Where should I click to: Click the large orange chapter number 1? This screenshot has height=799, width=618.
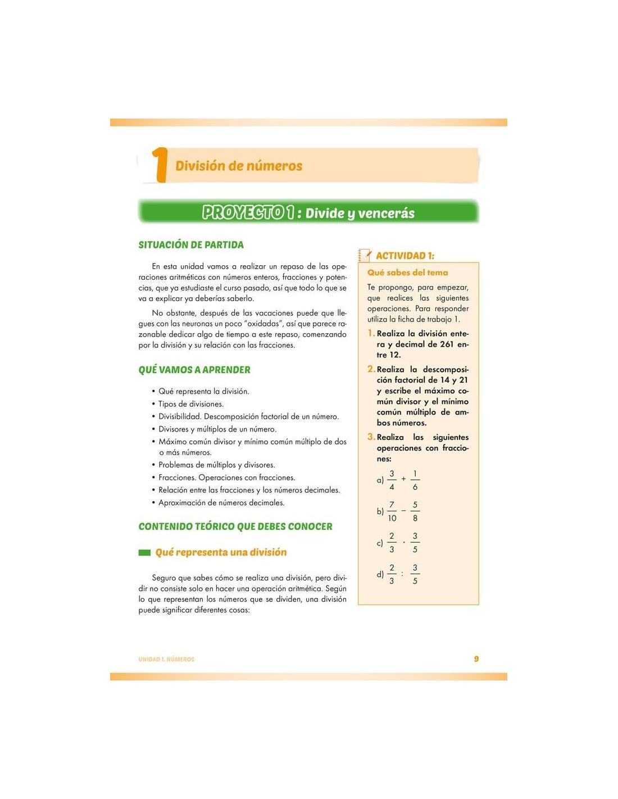click(160, 165)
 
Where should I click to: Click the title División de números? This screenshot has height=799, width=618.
click(239, 166)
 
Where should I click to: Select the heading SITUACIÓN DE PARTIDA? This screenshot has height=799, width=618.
click(191, 245)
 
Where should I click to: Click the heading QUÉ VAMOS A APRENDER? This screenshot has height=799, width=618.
click(194, 370)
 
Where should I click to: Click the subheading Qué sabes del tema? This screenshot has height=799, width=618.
click(407, 273)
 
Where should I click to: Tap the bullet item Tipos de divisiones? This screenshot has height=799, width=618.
click(190, 404)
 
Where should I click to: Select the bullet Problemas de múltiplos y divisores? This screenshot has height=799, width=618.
click(216, 465)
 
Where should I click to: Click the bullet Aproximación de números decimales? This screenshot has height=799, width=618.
click(221, 503)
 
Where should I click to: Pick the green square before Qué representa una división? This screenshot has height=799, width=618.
click(144, 553)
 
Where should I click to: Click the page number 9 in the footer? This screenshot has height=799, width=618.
click(476, 659)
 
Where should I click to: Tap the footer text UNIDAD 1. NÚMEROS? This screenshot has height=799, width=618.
click(166, 659)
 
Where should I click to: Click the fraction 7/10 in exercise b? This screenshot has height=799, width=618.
click(392, 511)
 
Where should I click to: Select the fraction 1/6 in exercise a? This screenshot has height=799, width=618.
click(415, 480)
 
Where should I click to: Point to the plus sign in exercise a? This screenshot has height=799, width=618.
click(403, 479)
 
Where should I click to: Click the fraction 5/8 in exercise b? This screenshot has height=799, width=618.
click(415, 511)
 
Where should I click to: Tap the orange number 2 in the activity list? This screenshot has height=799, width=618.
click(371, 369)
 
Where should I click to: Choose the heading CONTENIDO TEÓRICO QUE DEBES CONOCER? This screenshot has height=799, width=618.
click(235, 526)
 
